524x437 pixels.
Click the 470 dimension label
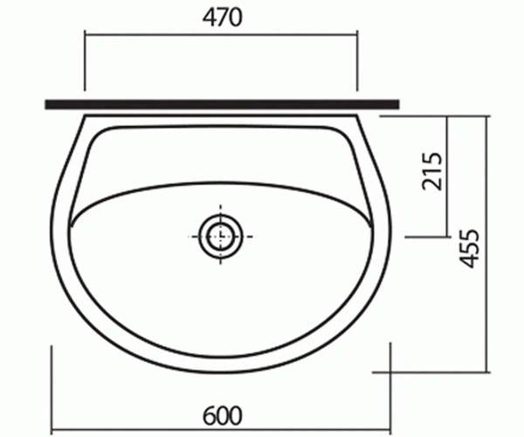222,17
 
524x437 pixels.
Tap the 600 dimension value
222,416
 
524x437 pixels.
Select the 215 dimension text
432,171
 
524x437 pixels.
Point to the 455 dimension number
470,248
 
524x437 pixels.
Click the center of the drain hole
220,236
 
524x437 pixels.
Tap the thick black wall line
222,104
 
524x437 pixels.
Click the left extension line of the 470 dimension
85,60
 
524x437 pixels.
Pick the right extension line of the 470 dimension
357,60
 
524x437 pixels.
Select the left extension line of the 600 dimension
52,390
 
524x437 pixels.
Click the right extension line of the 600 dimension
390,389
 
